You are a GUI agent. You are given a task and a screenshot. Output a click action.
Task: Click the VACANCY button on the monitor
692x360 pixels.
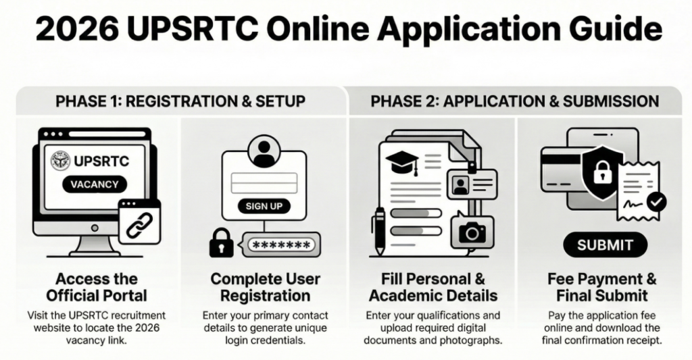click(x=95, y=184)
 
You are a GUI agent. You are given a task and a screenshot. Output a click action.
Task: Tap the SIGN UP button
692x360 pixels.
click(x=264, y=206)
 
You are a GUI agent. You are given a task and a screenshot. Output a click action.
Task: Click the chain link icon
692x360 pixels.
click(x=139, y=224)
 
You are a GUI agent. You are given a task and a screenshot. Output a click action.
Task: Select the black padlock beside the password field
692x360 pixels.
click(x=221, y=242)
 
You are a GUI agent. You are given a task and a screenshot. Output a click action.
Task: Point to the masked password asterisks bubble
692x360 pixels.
click(x=279, y=245)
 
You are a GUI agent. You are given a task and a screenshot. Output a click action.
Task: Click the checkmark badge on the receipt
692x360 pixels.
click(x=656, y=202)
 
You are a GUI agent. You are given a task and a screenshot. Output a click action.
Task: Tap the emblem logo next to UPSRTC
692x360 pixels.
click(x=61, y=160)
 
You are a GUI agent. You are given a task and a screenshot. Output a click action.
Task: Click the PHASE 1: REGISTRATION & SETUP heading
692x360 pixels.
click(x=180, y=101)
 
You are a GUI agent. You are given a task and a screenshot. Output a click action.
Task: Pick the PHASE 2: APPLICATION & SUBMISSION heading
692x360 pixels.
click(x=514, y=101)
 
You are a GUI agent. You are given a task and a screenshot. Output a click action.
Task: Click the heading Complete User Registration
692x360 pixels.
click(x=265, y=287)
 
